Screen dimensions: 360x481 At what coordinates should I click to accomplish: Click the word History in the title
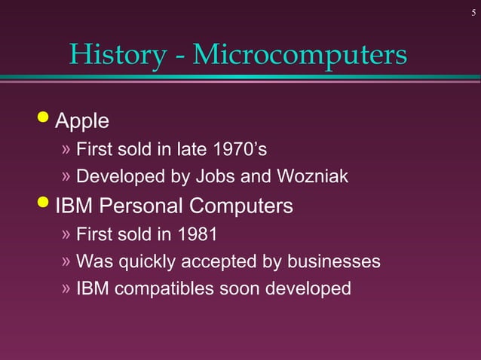[x=118, y=54]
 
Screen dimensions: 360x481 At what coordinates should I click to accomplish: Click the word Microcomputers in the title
[x=300, y=54]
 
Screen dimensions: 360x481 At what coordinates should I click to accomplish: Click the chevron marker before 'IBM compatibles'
[x=66, y=288]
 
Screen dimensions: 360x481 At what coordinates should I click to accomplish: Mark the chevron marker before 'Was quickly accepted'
[x=66, y=261]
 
